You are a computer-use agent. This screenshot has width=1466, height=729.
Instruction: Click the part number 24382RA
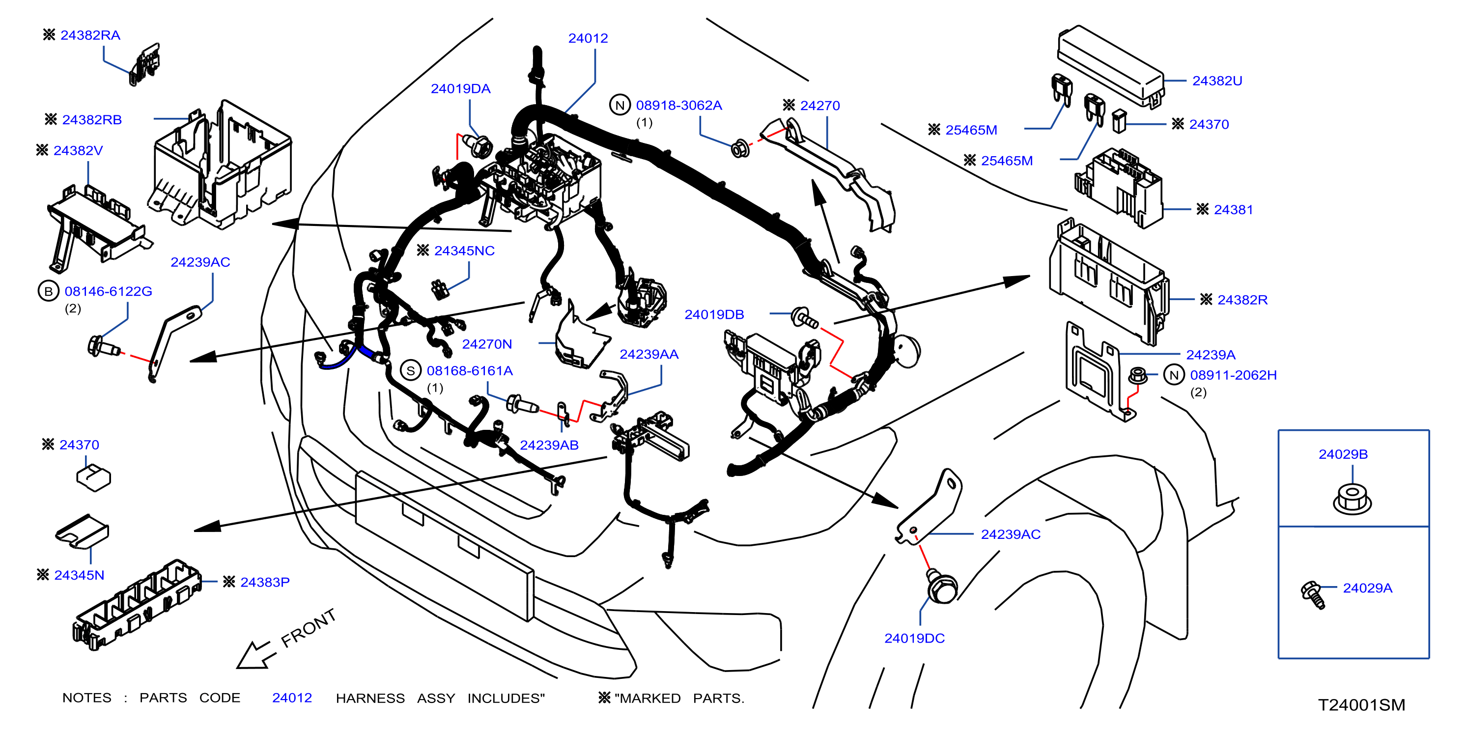tap(90, 35)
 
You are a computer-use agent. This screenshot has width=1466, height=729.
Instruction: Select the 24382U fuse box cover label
tap(1217, 81)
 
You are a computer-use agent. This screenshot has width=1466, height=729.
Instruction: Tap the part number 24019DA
tap(460, 89)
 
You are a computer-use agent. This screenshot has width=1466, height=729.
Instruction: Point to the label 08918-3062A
tap(679, 105)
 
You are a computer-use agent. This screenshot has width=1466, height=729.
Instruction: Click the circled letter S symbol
tap(410, 370)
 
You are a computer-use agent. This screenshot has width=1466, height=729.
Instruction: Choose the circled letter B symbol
tap(48, 291)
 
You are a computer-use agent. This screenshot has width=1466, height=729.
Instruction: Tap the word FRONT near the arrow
tap(309, 628)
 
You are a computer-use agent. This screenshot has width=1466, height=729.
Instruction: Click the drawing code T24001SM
tap(1361, 705)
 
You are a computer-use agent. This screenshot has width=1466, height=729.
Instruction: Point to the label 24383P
tap(265, 582)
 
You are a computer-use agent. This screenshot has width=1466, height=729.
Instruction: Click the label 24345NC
tap(464, 251)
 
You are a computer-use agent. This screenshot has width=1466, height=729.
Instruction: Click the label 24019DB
tap(714, 315)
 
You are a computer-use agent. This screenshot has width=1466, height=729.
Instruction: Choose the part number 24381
tap(1233, 210)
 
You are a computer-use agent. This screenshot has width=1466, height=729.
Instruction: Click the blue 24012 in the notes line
tap(292, 698)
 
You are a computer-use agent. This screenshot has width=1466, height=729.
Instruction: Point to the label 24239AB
tap(549, 445)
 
